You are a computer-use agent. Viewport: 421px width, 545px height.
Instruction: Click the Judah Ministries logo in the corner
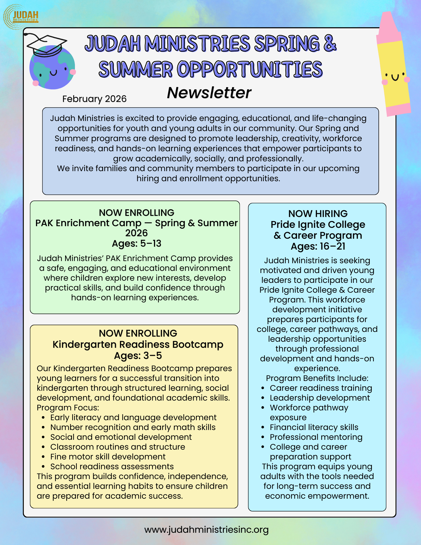point(21,17)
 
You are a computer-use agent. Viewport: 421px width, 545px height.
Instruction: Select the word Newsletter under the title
point(209,93)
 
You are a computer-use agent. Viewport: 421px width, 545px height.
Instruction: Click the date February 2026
point(94,99)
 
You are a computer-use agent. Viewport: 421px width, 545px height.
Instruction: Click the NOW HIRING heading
point(318,213)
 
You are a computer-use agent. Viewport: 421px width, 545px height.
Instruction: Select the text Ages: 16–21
point(318,246)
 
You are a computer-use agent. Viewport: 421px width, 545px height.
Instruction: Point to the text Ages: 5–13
point(137,243)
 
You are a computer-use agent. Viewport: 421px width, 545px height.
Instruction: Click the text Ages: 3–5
point(138,356)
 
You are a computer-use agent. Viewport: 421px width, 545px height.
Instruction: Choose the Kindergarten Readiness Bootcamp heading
point(138,344)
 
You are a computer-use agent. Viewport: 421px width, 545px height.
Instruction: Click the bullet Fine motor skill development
point(108,456)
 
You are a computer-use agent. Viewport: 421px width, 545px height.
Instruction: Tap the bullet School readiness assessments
point(112,466)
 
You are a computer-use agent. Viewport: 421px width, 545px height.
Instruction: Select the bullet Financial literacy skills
point(314,427)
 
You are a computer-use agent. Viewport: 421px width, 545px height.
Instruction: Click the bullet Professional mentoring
point(316,437)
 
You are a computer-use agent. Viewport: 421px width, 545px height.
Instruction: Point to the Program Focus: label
point(68,407)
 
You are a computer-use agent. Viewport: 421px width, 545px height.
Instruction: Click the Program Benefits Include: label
point(317,378)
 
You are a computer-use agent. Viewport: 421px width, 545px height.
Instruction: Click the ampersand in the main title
point(330,43)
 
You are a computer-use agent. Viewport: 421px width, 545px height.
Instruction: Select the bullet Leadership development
point(320,398)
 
